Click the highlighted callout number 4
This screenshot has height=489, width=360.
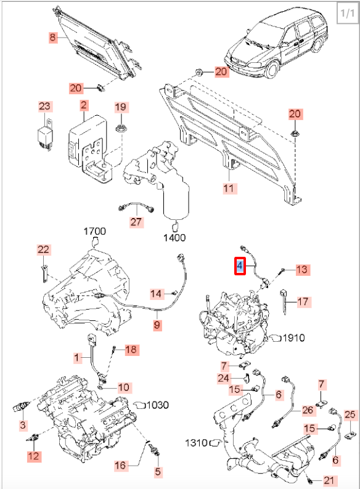click(240, 266)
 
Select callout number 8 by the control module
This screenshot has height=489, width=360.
click(53, 38)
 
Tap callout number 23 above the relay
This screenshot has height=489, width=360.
click(44, 106)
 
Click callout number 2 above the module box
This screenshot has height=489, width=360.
click(84, 105)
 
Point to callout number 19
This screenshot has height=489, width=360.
click(121, 107)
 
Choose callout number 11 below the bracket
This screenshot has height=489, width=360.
click(229, 188)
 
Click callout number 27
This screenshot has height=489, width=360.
click(136, 222)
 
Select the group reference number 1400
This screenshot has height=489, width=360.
click(174, 238)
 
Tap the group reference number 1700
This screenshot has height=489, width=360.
click(94, 231)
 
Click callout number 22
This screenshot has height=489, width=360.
click(43, 249)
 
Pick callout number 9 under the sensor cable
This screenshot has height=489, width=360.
click(157, 325)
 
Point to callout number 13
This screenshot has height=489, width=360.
click(302, 270)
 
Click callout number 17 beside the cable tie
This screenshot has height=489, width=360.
click(303, 302)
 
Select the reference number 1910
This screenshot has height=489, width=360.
click(293, 337)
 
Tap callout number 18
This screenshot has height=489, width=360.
click(131, 349)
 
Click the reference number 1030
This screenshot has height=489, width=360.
click(158, 405)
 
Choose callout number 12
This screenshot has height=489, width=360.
click(34, 456)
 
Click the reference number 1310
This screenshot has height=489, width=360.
click(196, 443)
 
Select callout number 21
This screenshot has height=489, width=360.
click(329, 480)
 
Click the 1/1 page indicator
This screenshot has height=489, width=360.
click(347, 13)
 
